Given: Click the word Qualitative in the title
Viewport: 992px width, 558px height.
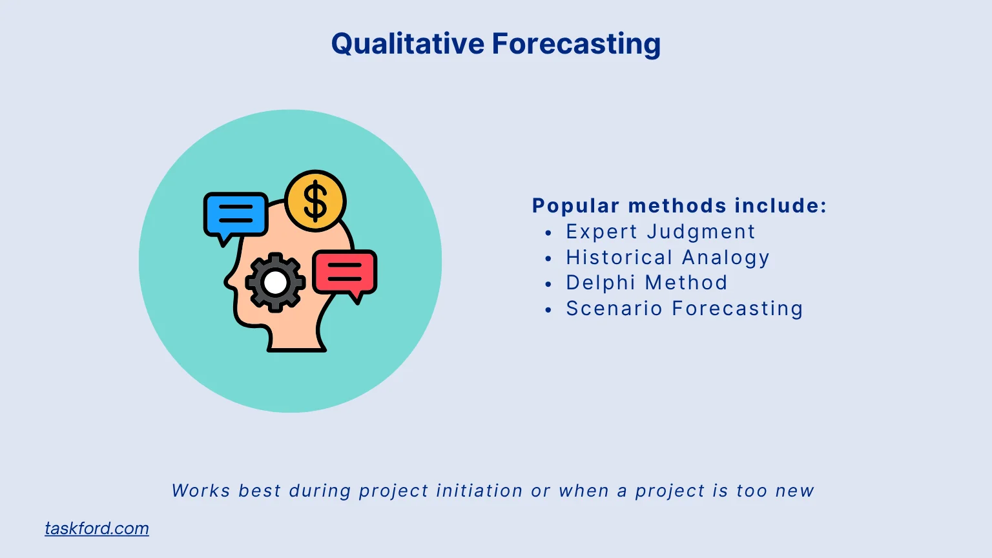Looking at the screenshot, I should (x=408, y=44).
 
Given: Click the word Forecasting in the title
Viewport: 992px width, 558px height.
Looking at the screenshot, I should (x=576, y=44).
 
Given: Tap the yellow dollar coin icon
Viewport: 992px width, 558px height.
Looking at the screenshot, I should (x=315, y=201).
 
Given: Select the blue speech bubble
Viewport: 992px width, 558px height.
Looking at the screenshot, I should (x=236, y=214).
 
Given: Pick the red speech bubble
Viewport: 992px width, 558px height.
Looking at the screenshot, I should (x=345, y=272).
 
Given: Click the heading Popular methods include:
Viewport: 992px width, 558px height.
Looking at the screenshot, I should (x=679, y=205).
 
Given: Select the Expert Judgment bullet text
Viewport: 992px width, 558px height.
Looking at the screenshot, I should (x=660, y=231).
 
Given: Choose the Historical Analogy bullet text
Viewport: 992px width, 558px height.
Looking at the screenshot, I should (x=667, y=257).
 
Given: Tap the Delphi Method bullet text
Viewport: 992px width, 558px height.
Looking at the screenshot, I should (x=646, y=282).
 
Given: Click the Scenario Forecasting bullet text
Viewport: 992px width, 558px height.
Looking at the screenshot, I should (x=684, y=308).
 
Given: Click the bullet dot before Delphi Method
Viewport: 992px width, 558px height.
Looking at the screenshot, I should (x=548, y=284).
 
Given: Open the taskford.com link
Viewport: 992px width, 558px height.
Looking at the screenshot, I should (x=97, y=528).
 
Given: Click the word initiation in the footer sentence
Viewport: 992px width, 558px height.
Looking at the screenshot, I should (x=479, y=491).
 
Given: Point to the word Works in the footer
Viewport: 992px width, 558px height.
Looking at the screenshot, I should (x=200, y=491).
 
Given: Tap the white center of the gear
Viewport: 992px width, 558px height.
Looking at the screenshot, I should (x=275, y=282).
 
